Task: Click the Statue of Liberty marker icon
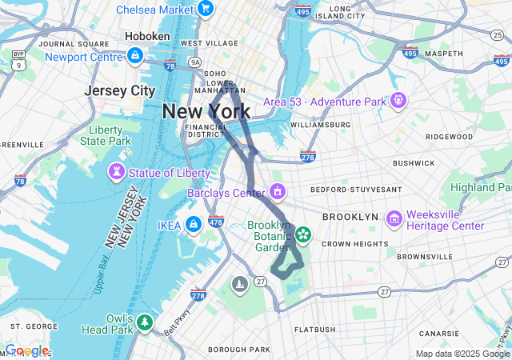click(x=118, y=173)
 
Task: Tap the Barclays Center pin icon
click(x=278, y=192)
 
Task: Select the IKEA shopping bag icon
click(x=193, y=225)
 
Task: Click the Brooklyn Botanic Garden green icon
click(x=303, y=234)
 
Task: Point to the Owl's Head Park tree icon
click(x=144, y=322)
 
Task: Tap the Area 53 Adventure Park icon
click(x=398, y=102)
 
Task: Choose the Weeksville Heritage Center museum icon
click(x=394, y=219)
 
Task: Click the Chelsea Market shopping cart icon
click(x=206, y=10)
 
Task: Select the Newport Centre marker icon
click(x=135, y=57)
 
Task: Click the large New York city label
click(x=206, y=111)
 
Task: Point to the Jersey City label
click(x=119, y=90)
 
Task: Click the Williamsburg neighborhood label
click(x=320, y=125)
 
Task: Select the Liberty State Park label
click(x=105, y=135)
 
